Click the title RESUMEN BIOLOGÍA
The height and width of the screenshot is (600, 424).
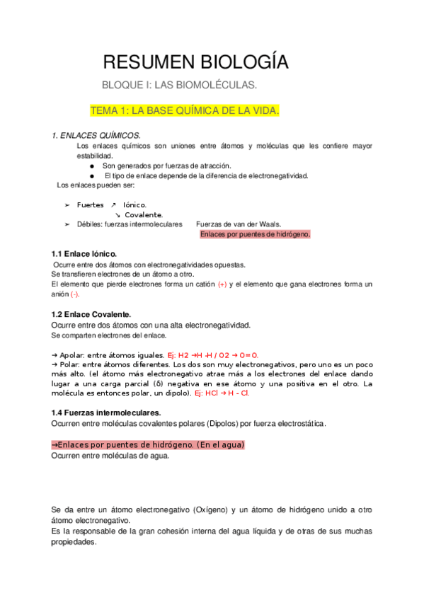pos(195,62)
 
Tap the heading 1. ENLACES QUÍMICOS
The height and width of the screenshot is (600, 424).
pos(96,135)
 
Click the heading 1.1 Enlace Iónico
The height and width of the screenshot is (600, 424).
pos(84,254)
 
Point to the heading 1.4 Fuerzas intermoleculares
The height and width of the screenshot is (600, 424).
pos(106,412)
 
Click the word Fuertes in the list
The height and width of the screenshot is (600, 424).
pos(90,205)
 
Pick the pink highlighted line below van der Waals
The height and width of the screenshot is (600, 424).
pos(255,234)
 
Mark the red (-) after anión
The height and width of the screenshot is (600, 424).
pos(75,294)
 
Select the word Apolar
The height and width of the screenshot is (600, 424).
pos(72,355)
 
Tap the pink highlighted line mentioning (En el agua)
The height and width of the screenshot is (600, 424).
pos(149,445)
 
